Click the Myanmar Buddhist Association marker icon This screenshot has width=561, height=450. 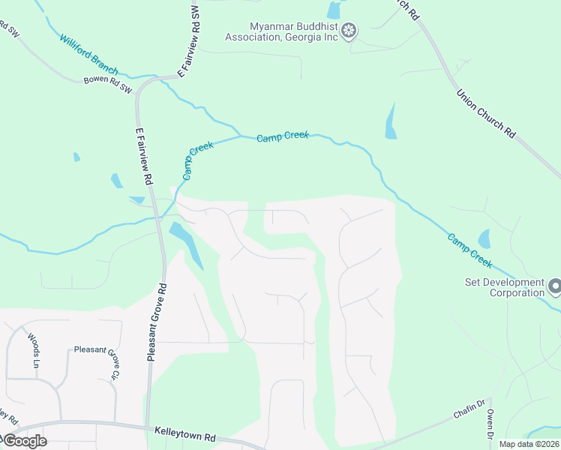point(348,31)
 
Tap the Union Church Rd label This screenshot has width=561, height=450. point(486,112)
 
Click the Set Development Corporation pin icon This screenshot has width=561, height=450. point(554,286)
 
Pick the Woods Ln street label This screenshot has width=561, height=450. point(33,351)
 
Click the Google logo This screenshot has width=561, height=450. point(24,441)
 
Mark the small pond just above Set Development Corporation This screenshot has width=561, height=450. point(484,239)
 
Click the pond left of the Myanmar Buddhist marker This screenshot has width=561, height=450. point(333,10)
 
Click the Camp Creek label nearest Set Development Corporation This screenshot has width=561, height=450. point(470,250)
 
